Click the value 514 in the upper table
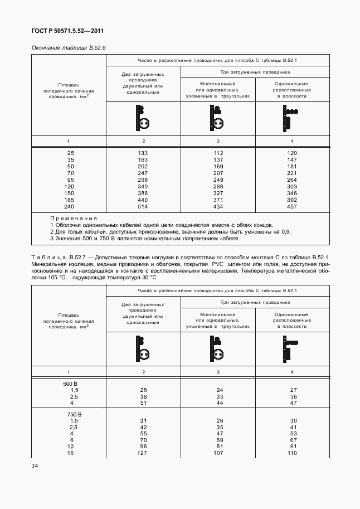pyautogui.click(x=143, y=207)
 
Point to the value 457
pyautogui.click(x=291, y=207)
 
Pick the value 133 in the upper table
pyautogui.click(x=143, y=153)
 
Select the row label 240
pyautogui.click(x=70, y=207)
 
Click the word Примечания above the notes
pyautogui.click(x=74, y=219)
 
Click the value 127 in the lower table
pyautogui.click(x=143, y=453)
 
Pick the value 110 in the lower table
pyautogui.click(x=291, y=453)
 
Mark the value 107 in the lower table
pyautogui.click(x=218, y=453)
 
